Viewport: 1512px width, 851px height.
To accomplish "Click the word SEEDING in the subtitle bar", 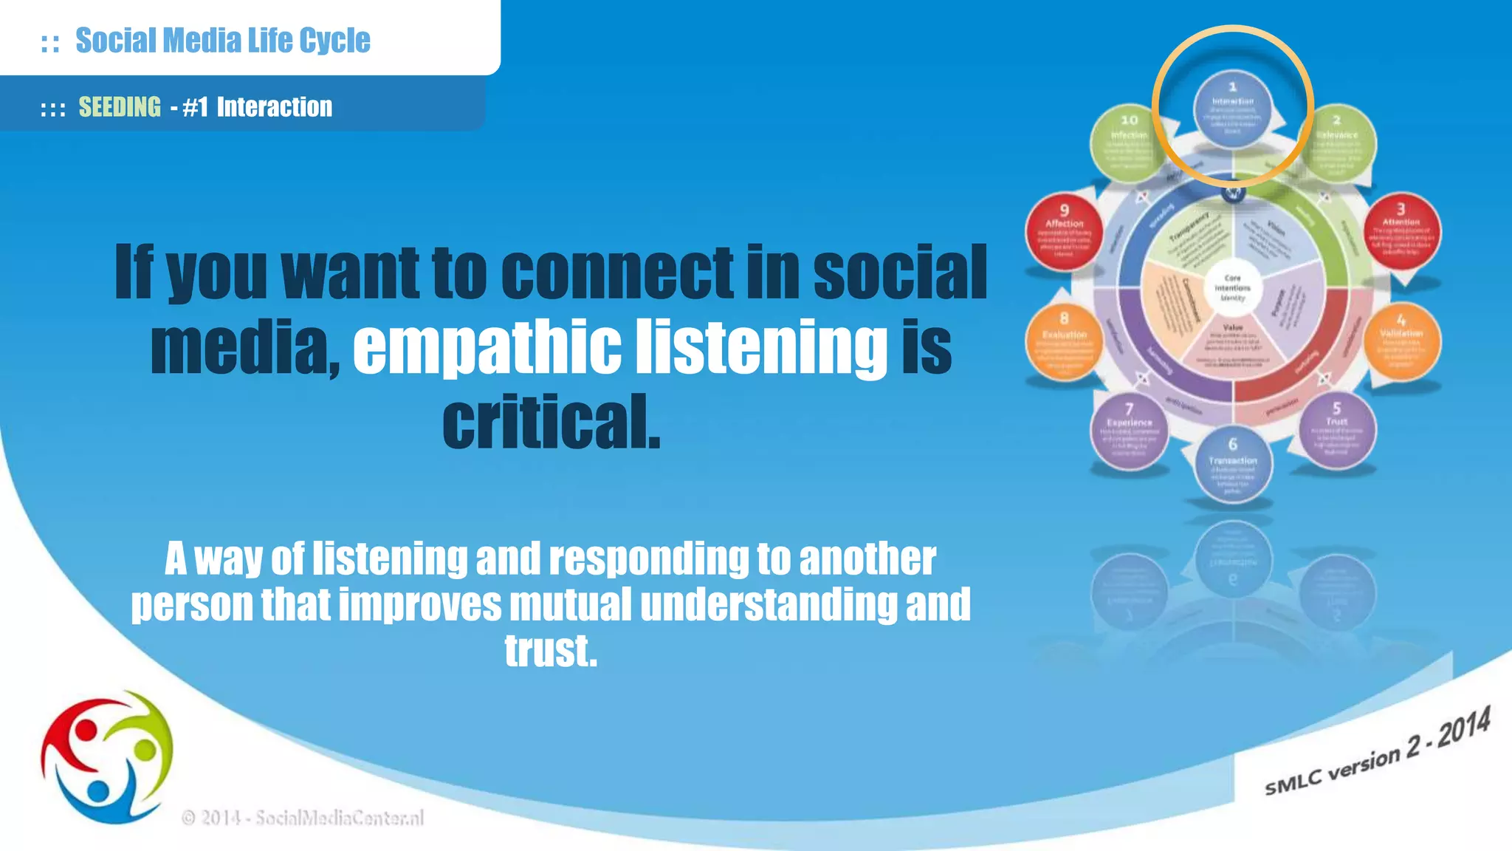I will click(x=120, y=107).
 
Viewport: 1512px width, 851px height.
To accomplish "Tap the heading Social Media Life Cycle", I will click(x=222, y=40).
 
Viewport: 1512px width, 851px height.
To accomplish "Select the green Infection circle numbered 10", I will click(x=1129, y=143).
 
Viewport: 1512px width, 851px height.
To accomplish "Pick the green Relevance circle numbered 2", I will click(x=1336, y=143).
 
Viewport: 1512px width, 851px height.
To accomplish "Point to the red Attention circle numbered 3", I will click(x=1401, y=230).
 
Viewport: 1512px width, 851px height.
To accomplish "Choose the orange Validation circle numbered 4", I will click(x=1401, y=341).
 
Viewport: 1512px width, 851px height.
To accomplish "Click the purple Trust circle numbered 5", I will click(x=1336, y=431).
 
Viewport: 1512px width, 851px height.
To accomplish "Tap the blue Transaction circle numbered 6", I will click(x=1232, y=466).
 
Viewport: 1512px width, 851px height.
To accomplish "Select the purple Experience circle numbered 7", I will click(x=1129, y=431).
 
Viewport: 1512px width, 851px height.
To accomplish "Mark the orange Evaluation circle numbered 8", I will click(x=1064, y=341).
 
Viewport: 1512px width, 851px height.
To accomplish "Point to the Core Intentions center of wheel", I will click(x=1232, y=288).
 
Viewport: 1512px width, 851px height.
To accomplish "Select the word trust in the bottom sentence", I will click(x=551, y=651).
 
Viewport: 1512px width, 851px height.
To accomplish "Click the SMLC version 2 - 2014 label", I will click(x=1377, y=752).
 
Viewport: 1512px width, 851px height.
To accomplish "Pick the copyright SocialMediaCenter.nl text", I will click(x=303, y=818).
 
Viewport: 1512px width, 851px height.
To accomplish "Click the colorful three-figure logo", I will click(x=108, y=757).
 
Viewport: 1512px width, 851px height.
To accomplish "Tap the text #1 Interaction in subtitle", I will click(x=258, y=107).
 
